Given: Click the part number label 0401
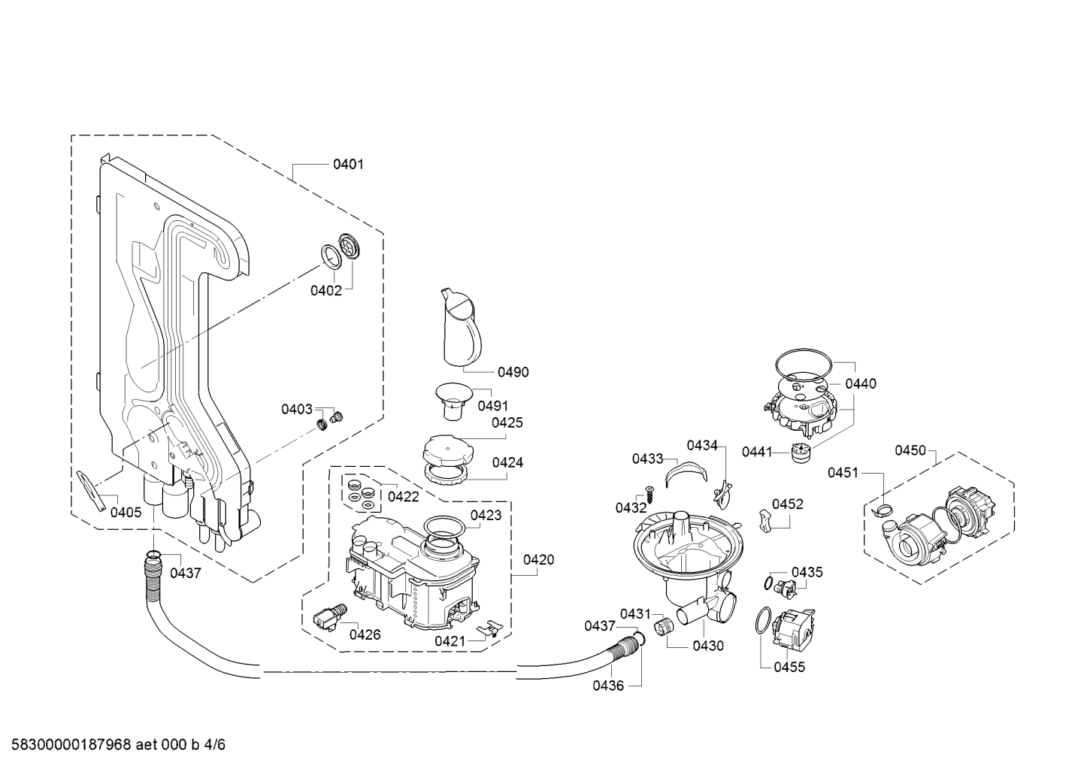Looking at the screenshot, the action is pyautogui.click(x=348, y=165).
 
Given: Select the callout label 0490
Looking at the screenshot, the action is pyautogui.click(x=513, y=372).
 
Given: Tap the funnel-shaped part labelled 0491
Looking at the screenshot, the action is pyautogui.click(x=453, y=401).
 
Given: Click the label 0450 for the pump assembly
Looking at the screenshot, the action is pyautogui.click(x=910, y=450).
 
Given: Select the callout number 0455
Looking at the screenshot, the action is pyautogui.click(x=789, y=668).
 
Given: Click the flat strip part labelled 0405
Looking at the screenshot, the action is pyautogui.click(x=91, y=491).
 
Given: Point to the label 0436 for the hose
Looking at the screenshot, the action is pyautogui.click(x=608, y=686).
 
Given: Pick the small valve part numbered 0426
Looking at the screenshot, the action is pyautogui.click(x=329, y=616).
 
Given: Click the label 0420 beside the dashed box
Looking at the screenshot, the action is pyautogui.click(x=538, y=560).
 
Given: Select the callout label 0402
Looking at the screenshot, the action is pyautogui.click(x=326, y=291).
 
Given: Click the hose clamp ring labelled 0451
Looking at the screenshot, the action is pyautogui.click(x=884, y=510).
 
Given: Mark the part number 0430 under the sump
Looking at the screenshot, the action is pyautogui.click(x=708, y=646).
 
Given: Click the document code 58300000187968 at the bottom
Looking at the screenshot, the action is pyautogui.click(x=71, y=745).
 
